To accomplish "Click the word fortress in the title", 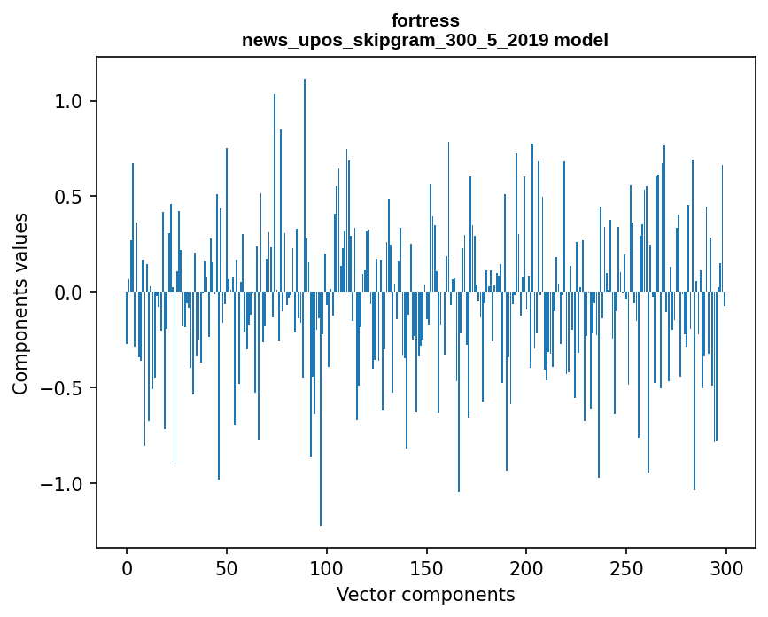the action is [425, 20].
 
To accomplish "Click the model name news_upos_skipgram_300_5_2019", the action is [395, 40].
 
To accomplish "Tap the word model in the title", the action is [581, 40].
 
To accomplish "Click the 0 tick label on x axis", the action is [127, 569].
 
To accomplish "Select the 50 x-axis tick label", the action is [226, 569].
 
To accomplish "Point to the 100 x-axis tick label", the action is [326, 569].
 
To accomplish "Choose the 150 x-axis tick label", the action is [426, 569].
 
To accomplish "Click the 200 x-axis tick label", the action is [526, 569].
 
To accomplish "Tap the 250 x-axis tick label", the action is [626, 569].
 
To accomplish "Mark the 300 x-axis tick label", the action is [725, 569].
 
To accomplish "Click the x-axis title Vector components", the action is [425, 595].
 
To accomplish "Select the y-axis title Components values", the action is [20, 304].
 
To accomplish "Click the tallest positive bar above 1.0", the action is [305, 185].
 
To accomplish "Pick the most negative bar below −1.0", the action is [321, 409].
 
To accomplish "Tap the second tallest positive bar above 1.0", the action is [275, 193].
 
